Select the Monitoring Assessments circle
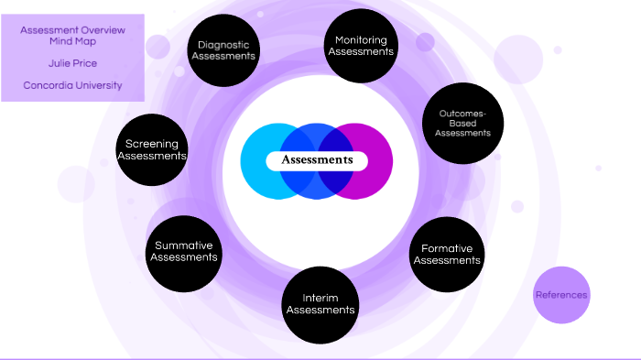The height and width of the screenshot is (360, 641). pyautogui.click(x=361, y=46)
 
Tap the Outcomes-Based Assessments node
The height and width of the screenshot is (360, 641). pyautogui.click(x=462, y=124)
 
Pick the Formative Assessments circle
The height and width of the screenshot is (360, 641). pyautogui.click(x=447, y=254)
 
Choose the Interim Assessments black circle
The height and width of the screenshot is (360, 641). pyautogui.click(x=320, y=304)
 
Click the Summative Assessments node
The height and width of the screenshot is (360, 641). pyautogui.click(x=184, y=252)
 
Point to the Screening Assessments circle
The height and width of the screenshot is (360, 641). pyautogui.click(x=152, y=150)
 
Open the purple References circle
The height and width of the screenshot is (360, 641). pyautogui.click(x=561, y=295)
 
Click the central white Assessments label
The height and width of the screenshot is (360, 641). pyautogui.click(x=317, y=160)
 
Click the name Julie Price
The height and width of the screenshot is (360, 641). pyautogui.click(x=72, y=64)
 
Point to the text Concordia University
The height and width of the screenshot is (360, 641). pyautogui.click(x=72, y=86)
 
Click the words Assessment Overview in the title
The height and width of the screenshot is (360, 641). pyautogui.click(x=72, y=28)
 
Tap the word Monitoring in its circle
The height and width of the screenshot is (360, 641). pyautogui.click(x=361, y=40)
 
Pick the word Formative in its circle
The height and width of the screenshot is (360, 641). pyautogui.click(x=447, y=248)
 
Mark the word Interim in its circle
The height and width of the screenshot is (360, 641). pyautogui.click(x=320, y=298)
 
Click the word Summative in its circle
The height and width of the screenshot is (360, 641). pyautogui.click(x=184, y=245)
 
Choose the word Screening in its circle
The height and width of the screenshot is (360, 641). pyautogui.click(x=152, y=144)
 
